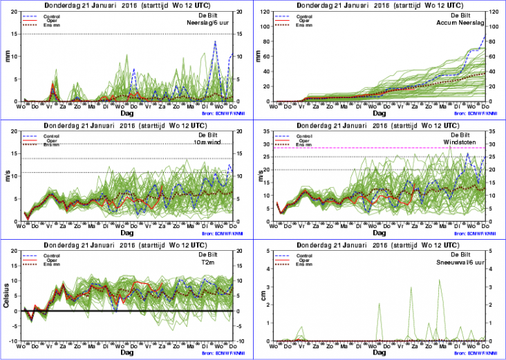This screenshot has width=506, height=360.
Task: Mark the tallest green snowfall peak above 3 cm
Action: tap(440, 281)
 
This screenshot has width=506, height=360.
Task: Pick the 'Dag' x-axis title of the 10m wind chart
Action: tap(127, 233)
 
